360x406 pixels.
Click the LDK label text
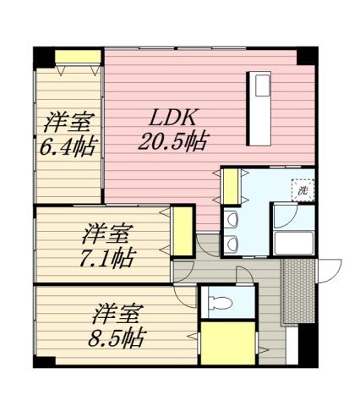coord(176,117)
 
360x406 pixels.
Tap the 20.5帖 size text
coord(174,139)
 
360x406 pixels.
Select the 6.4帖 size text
coord(67,146)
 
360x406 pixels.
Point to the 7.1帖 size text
coord(107,256)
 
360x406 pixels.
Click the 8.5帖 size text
coord(117,338)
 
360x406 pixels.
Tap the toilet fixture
coord(221,302)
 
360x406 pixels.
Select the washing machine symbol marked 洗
coord(303,190)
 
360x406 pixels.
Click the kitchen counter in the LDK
coord(259,108)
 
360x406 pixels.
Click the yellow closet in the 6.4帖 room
coord(78,58)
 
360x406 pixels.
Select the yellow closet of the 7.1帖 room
coord(182,231)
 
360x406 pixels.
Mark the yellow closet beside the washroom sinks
coord(229,186)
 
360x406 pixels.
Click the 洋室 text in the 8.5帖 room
coord(117,314)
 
